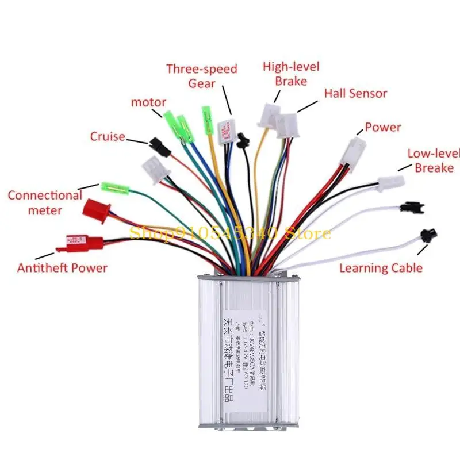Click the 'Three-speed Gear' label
[202, 76]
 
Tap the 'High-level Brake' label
[291, 74]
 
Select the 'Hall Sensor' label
[355, 93]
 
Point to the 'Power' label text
[383, 127]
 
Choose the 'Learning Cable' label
[381, 267]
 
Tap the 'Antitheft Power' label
[62, 268]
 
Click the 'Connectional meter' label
[45, 202]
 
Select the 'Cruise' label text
[108, 137]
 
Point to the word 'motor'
[148, 102]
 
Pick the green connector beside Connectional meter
[114, 187]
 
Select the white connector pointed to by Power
[354, 151]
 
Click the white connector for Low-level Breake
[391, 183]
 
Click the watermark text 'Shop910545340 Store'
[230, 233]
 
